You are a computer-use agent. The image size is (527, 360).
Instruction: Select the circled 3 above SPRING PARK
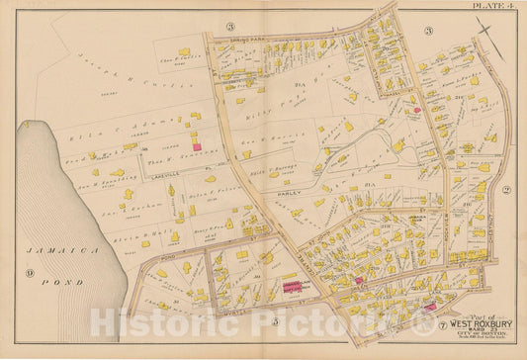pos(229,27)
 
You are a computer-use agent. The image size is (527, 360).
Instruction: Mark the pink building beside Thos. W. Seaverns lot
pos(195,146)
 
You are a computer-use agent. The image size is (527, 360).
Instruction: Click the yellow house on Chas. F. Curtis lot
pos(184,50)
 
